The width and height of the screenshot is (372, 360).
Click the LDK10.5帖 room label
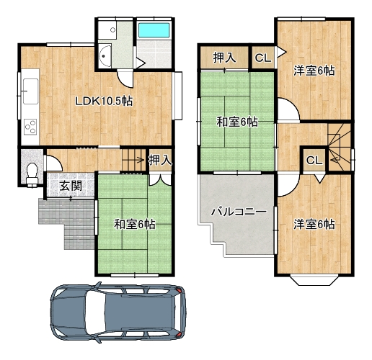click(104, 102)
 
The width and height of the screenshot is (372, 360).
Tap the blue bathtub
click(154, 30)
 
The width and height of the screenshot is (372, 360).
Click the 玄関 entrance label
click(71, 186)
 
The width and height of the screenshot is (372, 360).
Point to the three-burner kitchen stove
click(30, 127)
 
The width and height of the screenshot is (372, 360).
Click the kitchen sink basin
click(30, 91)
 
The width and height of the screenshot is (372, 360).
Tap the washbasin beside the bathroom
click(105, 56)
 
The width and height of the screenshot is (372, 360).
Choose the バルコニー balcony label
click(239, 212)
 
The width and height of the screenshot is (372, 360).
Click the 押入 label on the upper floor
click(225, 58)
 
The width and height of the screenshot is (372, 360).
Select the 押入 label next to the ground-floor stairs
click(160, 160)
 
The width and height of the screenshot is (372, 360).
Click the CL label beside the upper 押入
click(263, 58)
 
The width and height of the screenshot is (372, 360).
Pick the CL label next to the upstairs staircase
click(314, 160)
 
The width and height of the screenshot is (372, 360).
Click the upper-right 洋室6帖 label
click(314, 71)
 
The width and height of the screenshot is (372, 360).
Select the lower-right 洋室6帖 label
click(314, 225)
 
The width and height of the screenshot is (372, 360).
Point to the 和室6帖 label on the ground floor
click(135, 225)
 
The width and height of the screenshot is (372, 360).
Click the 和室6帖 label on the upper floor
click(237, 122)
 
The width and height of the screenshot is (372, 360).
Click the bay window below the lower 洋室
click(314, 280)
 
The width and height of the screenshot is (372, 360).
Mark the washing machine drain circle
click(112, 30)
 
